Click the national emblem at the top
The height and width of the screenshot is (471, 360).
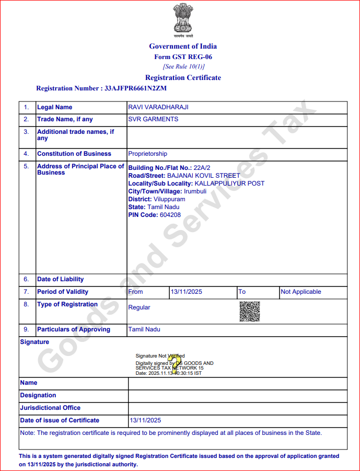coord(183,20)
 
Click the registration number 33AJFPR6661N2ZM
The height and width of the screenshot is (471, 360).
coord(135,88)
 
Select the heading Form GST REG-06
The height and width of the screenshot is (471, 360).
coord(183,57)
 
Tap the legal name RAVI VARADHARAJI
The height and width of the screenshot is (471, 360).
coord(158,107)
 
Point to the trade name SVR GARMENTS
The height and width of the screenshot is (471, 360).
coord(153,119)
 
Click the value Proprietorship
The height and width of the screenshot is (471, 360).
coord(148,154)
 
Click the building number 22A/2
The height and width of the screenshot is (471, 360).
coord(202,167)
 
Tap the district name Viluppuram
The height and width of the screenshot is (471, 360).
coord(169,199)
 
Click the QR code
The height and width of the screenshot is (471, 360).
coord(250,312)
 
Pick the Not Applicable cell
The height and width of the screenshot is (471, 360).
coord(301,292)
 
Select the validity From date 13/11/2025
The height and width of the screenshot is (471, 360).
coord(187,292)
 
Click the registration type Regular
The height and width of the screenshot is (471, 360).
coord(139,307)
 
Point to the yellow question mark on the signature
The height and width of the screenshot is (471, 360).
coord(176,360)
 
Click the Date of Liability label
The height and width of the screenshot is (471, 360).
coord(60,279)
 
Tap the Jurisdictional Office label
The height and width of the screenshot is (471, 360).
coord(50,408)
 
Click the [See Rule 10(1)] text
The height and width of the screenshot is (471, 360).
coord(183,66)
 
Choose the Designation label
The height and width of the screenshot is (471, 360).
coord(38,395)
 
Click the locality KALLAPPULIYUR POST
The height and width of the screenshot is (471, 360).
coord(229,183)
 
